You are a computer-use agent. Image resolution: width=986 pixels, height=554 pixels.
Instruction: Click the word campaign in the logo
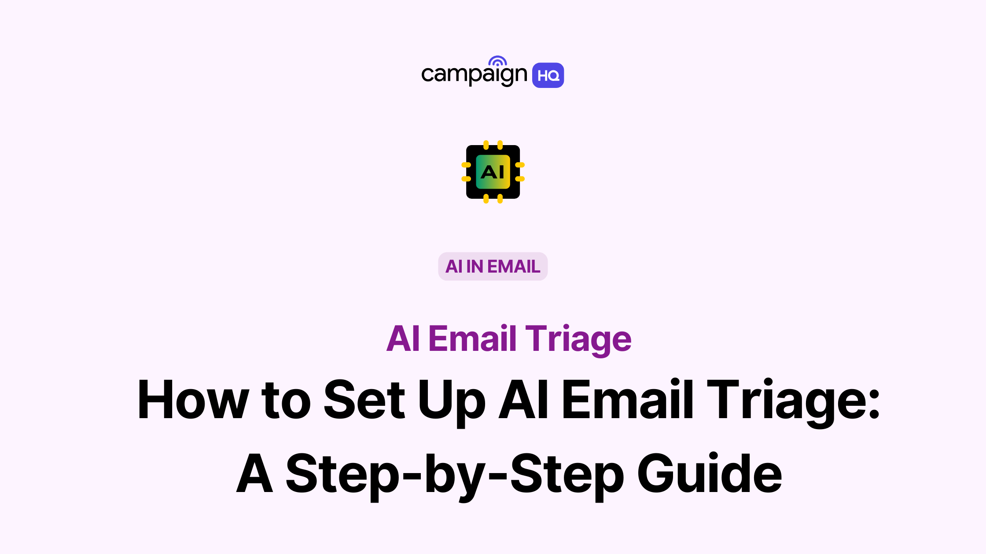[474, 75]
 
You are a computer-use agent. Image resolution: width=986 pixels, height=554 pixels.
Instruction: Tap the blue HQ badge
[548, 75]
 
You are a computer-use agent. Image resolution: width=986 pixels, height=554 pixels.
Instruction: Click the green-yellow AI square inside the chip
[493, 172]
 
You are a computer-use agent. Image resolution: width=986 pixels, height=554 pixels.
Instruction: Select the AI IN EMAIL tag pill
[493, 266]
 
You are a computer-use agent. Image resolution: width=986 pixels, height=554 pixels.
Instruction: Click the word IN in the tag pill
[475, 266]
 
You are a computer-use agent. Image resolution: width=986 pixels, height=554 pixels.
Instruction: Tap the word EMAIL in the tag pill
[514, 266]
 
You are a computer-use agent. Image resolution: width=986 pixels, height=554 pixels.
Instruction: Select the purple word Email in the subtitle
[472, 338]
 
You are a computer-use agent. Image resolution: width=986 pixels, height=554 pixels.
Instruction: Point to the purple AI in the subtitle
[403, 339]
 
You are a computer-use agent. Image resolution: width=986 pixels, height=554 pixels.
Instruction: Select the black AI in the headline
[524, 399]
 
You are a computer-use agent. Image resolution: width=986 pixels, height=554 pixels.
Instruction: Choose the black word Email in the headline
[628, 399]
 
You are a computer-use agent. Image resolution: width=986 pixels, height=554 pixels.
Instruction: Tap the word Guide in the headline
[710, 473]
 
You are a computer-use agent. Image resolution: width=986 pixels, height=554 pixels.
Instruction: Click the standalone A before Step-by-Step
[254, 473]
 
